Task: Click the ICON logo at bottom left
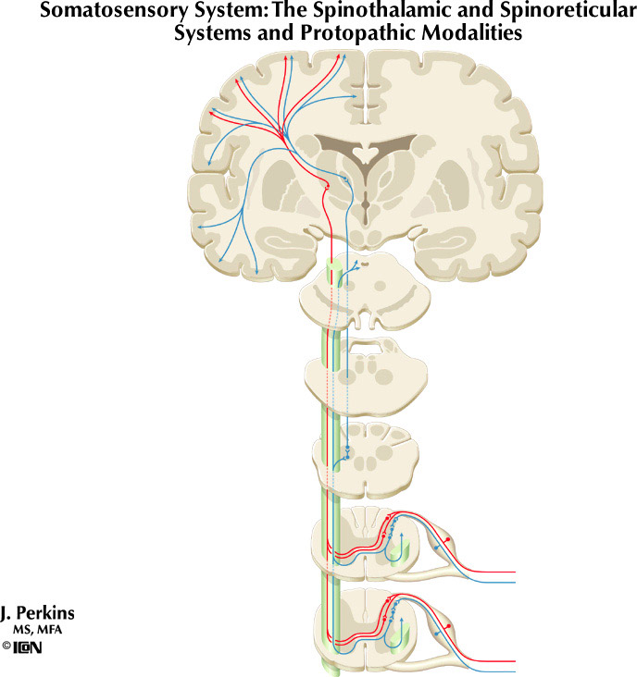pos(28,647)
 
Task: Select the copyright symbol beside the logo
pos(6,647)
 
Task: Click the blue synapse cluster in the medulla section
pos(347,450)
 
